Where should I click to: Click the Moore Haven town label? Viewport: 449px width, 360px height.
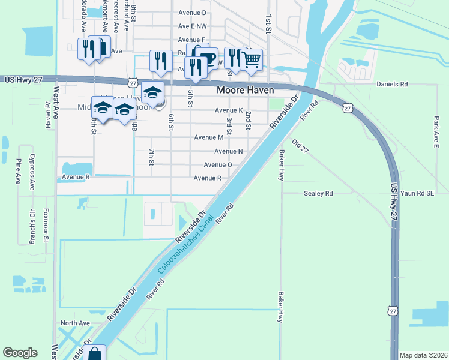tap(244, 90)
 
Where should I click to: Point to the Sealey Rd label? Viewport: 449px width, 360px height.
tap(318, 194)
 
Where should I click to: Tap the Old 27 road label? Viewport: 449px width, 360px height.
tap(300, 146)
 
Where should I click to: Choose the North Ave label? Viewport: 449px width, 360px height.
tap(75, 323)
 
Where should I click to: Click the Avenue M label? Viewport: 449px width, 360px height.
tap(209, 137)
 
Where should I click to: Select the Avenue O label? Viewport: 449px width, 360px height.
tap(218, 165)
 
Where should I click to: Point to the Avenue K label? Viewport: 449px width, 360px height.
tap(228, 110)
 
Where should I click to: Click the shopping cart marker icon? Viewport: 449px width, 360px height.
tap(252, 58)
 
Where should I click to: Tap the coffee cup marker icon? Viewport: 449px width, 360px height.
tap(208, 58)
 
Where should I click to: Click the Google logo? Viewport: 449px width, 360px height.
tap(20, 353)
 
